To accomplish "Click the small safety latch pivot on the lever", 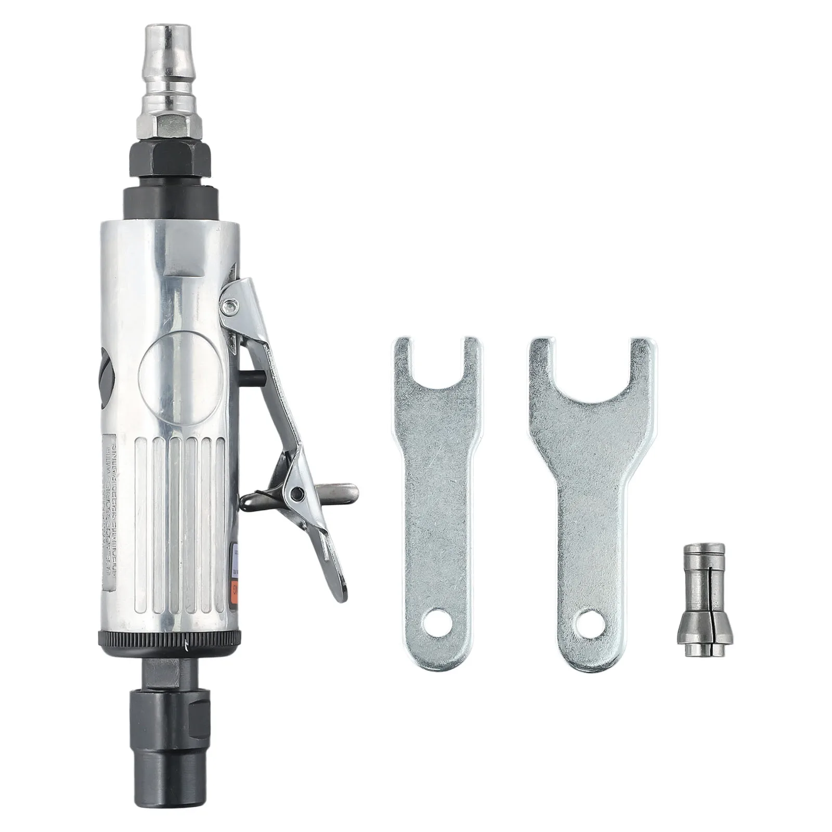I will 297,492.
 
